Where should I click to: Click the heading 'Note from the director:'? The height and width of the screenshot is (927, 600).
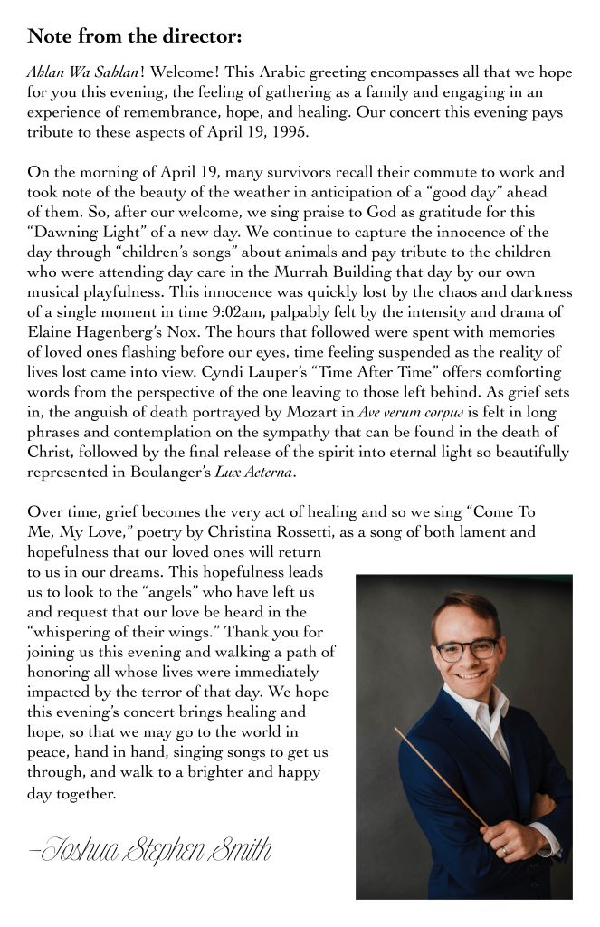[x=134, y=36]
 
